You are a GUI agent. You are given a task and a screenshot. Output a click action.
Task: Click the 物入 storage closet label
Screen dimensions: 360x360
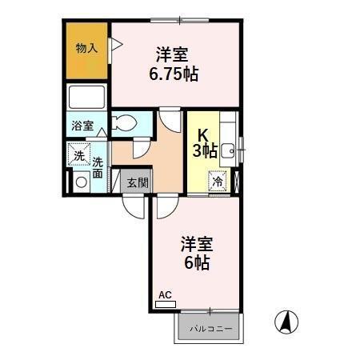coord(87,49)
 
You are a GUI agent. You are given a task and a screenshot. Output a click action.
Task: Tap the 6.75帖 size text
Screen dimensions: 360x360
coord(174,74)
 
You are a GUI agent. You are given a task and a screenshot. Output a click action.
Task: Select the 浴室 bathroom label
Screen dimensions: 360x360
coord(82,126)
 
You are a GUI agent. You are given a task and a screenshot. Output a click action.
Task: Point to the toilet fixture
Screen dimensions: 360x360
coord(123,123)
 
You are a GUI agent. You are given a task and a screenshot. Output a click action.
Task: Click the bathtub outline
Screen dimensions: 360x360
coord(87,98)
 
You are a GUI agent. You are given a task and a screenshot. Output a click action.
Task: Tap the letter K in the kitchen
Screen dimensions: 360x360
coord(203,134)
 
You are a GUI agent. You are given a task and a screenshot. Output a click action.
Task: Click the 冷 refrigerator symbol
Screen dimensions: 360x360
coord(218,181)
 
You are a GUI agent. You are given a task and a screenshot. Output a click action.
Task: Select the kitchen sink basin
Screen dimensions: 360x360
coord(227,148)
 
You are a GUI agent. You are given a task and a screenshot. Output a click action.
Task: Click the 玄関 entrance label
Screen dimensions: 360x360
coord(137,182)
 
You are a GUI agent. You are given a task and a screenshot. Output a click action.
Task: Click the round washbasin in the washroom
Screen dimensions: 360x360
coord(80,182)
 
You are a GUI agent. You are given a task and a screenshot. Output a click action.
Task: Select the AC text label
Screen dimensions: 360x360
coord(165,296)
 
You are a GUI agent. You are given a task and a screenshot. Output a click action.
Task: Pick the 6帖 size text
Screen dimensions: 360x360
coord(196,262)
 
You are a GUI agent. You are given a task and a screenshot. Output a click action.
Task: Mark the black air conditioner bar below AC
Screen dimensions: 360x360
coord(165,305)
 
